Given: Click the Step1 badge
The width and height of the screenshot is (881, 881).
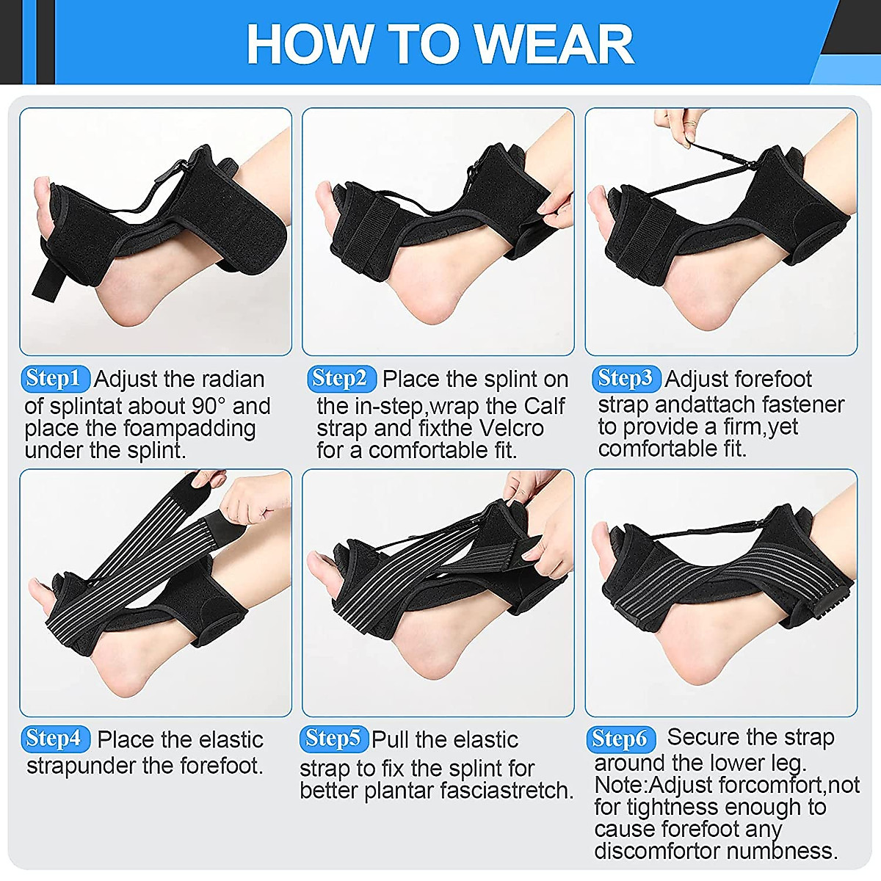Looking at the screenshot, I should coord(56,379).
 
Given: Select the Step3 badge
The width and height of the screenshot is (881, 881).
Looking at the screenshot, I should coord(626,379).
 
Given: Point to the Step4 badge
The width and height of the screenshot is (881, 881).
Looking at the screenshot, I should coord(56,739).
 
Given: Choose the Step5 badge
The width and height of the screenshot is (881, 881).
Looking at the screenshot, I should coord(333,739).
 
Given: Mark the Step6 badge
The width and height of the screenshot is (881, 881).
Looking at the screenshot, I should coord(620,739).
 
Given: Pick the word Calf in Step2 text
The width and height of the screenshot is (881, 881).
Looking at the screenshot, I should coord(544,406).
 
